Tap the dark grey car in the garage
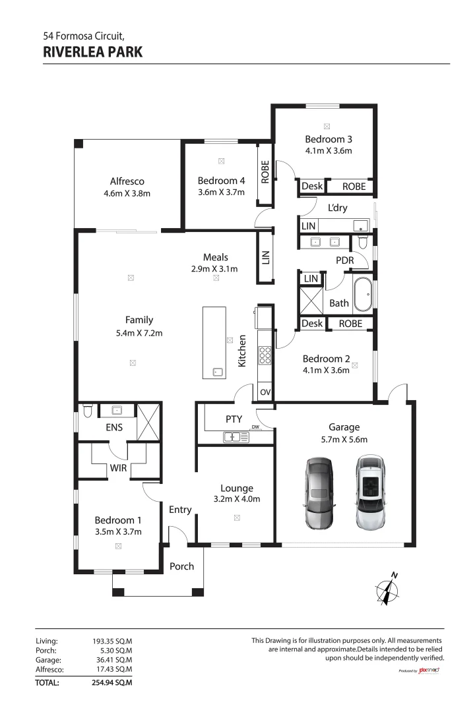pos(319,492)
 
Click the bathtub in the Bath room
pos(363,295)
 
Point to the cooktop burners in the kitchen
pos(265,356)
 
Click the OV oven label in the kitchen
pos(265,392)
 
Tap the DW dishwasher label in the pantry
pos(255,427)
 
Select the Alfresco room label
pos(127,181)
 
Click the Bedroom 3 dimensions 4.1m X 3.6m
pos(328,150)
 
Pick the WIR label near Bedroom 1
pos(118,468)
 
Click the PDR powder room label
pos(344,260)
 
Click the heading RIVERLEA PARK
pos(92,51)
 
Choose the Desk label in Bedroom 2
pos(312,324)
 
